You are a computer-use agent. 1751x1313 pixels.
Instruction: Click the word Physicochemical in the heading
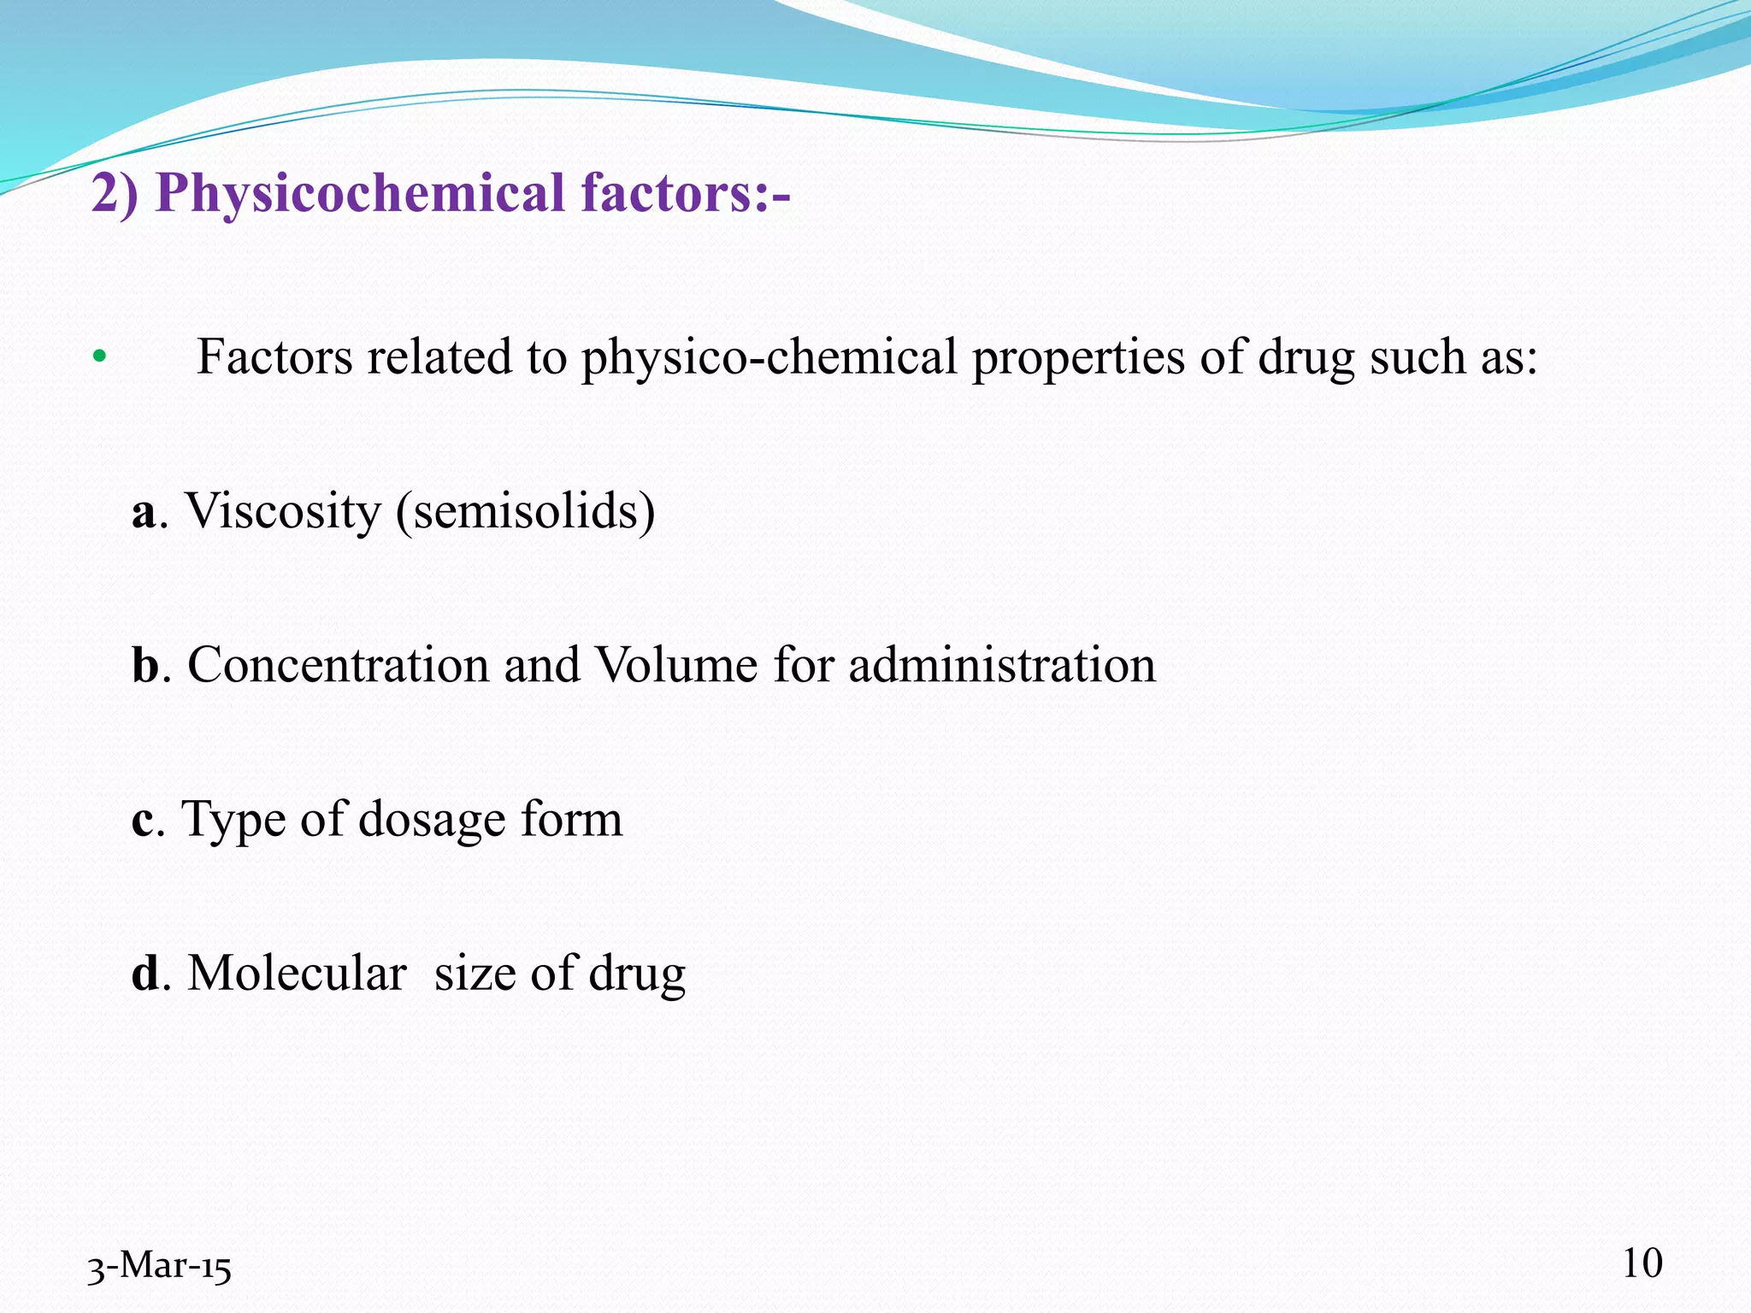[359, 193]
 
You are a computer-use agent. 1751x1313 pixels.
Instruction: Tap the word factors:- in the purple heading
[685, 193]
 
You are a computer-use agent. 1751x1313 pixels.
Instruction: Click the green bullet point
[99, 356]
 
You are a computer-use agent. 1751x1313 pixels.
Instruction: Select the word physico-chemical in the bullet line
[769, 357]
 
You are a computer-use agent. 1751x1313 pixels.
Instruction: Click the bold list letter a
[144, 513]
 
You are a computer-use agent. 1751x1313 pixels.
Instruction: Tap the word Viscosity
[282, 512]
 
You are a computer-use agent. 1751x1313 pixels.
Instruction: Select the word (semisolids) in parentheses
[525, 512]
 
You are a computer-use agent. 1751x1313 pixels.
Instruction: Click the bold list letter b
[145, 665]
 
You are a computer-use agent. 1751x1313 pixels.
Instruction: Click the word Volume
[675, 665]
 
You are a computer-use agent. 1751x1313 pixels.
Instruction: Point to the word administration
[1001, 665]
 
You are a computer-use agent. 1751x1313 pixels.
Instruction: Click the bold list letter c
[143, 821]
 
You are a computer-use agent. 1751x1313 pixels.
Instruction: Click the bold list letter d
[145, 974]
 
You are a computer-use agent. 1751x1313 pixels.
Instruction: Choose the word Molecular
[297, 974]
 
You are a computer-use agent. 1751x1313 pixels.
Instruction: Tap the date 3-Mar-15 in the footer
[159, 1267]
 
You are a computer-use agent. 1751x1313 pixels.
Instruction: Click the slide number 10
[1642, 1263]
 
